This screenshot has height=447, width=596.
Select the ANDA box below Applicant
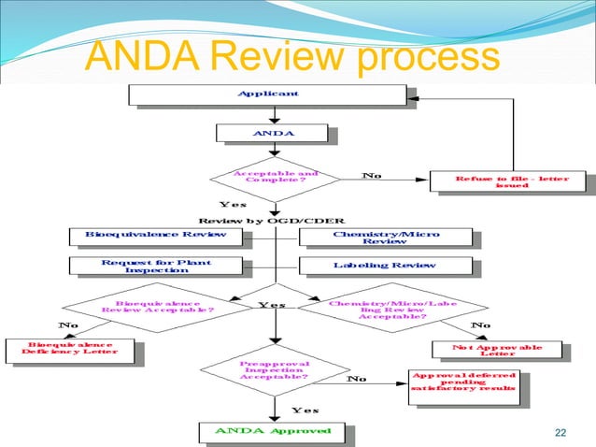tap(272, 134)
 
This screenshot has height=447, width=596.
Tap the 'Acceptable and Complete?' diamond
tap(274, 177)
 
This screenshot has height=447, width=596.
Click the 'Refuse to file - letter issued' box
tap(507, 181)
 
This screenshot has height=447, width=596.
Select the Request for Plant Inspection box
tap(155, 266)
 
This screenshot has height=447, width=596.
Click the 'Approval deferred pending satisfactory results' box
tap(463, 386)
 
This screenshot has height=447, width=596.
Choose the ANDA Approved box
tap(273, 431)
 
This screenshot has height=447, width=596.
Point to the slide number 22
tap(561, 431)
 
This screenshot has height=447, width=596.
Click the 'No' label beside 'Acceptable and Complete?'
tap(371, 173)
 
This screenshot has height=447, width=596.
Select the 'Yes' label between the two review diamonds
tap(272, 304)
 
